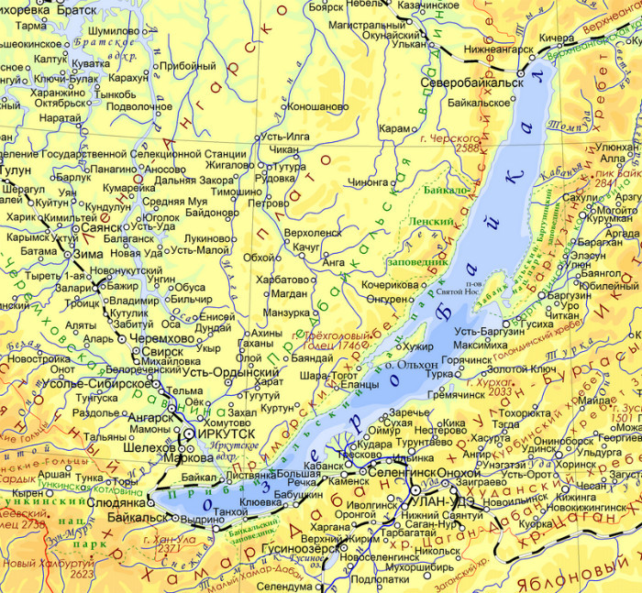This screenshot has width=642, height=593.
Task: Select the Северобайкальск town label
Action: point(471,82)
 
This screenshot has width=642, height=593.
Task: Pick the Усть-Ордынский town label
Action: point(230,373)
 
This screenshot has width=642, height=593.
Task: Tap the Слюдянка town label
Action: point(117,503)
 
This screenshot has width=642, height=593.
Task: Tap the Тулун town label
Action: point(16,170)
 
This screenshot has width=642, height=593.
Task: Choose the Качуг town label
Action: point(307,247)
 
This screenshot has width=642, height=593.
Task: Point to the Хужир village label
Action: point(417,346)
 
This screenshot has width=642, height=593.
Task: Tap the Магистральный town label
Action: point(354,28)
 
